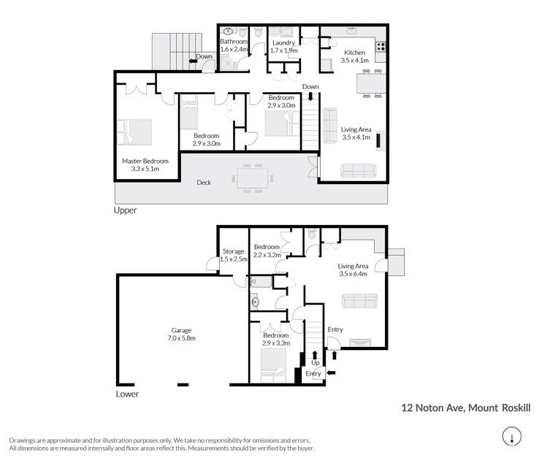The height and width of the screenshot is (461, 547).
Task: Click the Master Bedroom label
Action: [x=145, y=165]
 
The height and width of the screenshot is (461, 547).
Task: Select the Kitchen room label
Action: [x=354, y=57]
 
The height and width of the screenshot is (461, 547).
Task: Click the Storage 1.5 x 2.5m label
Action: [x=234, y=256]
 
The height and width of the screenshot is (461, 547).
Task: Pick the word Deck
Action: [x=204, y=183]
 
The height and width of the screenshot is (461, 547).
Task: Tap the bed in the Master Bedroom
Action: [x=136, y=133]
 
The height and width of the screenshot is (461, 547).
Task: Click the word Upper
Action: [x=125, y=210]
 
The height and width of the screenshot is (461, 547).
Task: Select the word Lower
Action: [x=127, y=394]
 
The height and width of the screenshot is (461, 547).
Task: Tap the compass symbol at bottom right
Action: [x=512, y=438]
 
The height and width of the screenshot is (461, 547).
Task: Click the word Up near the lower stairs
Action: [x=315, y=362]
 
